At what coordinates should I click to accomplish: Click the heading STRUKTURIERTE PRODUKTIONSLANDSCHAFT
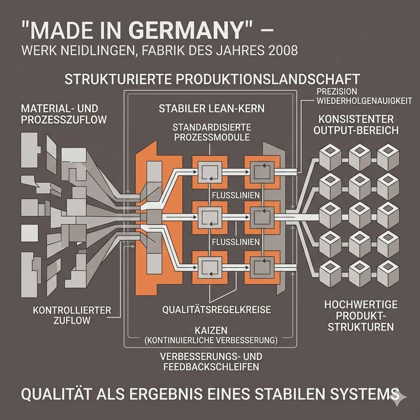(212, 79)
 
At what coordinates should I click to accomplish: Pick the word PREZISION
(337, 91)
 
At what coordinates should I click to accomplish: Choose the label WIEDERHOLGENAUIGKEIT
(364, 101)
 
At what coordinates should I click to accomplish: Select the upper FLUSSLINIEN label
(235, 195)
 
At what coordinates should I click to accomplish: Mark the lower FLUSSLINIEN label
(235, 242)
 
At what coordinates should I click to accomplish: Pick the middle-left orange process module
(210, 218)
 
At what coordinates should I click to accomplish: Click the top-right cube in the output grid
(388, 156)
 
